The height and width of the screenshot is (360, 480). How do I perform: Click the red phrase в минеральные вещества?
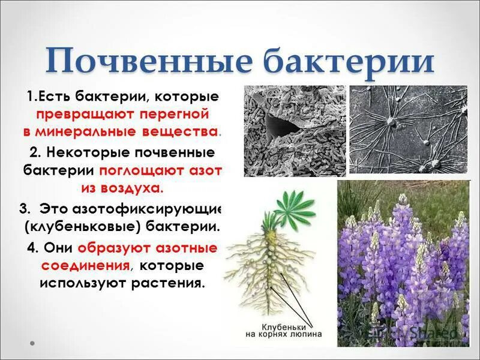(x=122, y=131)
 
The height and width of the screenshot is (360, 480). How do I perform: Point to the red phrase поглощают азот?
(x=161, y=170)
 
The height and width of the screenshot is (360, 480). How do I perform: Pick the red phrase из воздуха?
(x=122, y=188)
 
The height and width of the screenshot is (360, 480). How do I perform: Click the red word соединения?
(x=85, y=265)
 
